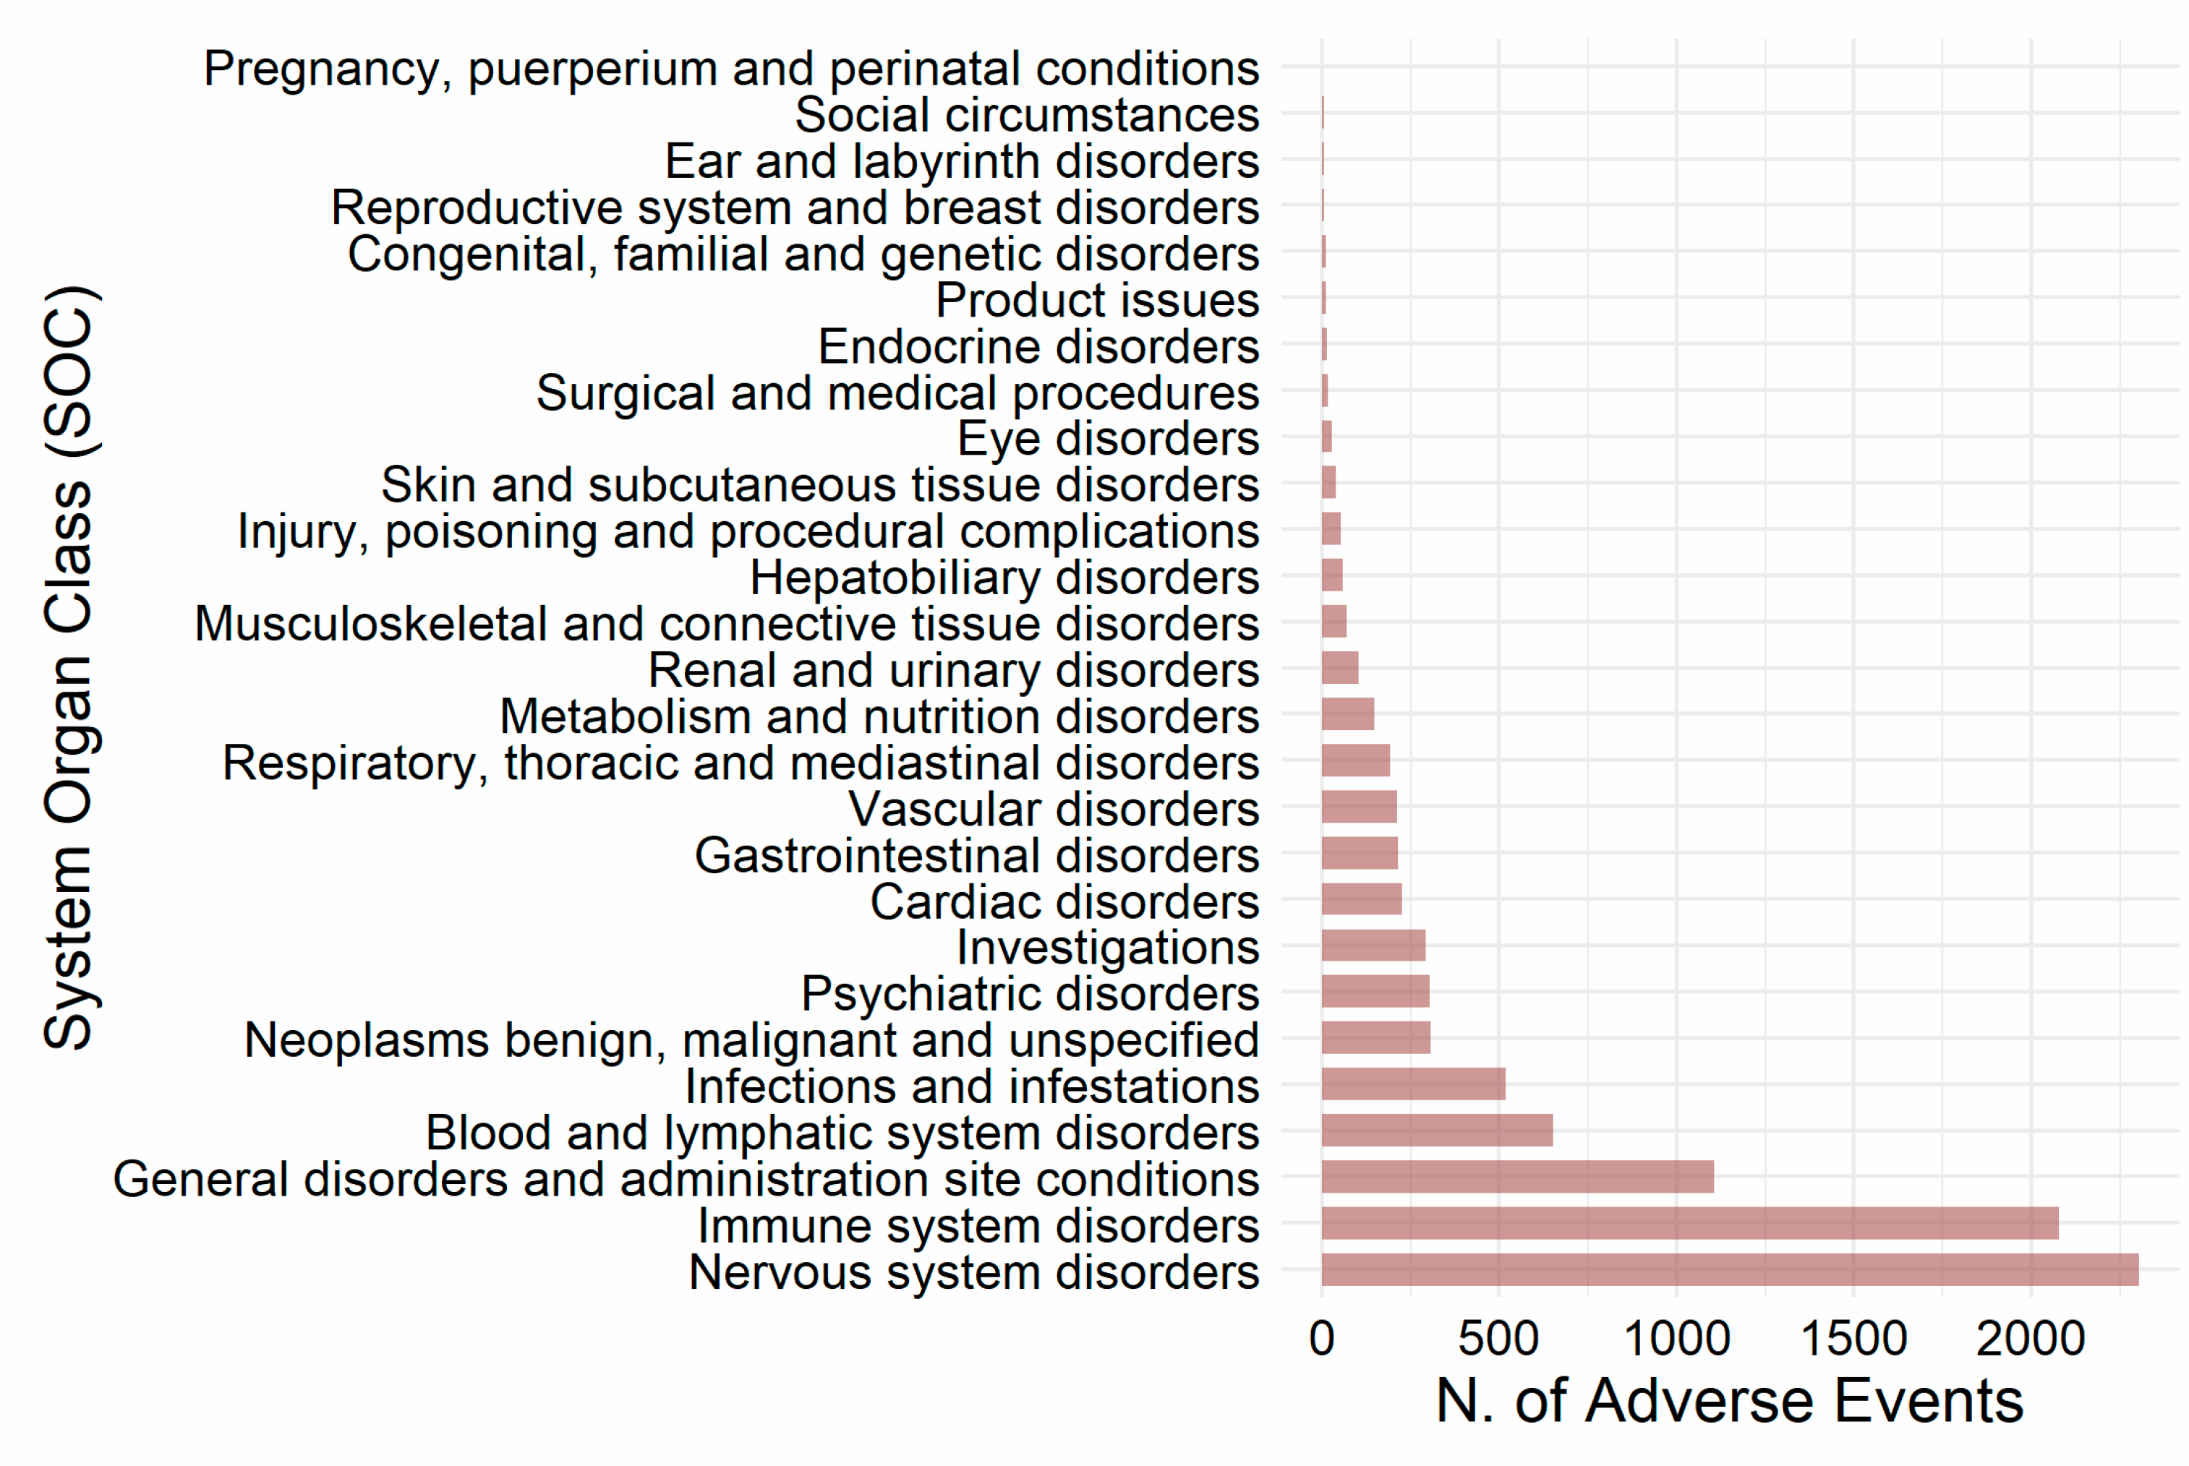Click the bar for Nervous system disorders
[x=1730, y=1269]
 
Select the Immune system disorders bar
[x=1690, y=1223]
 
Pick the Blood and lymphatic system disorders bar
[x=1436, y=1131]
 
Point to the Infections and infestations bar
[x=1413, y=1084]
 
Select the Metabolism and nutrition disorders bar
[x=1347, y=714]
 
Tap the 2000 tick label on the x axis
[x=2030, y=1339]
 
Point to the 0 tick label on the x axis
[x=1321, y=1339]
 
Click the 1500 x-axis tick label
[x=1853, y=1339]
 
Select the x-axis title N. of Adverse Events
[x=1729, y=1402]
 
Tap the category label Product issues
[x=1097, y=300]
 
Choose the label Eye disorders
[x=1108, y=439]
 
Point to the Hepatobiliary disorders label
[x=1004, y=578]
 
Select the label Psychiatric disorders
[x=1030, y=994]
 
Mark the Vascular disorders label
[x=1054, y=809]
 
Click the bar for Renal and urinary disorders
[x=1339, y=669]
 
